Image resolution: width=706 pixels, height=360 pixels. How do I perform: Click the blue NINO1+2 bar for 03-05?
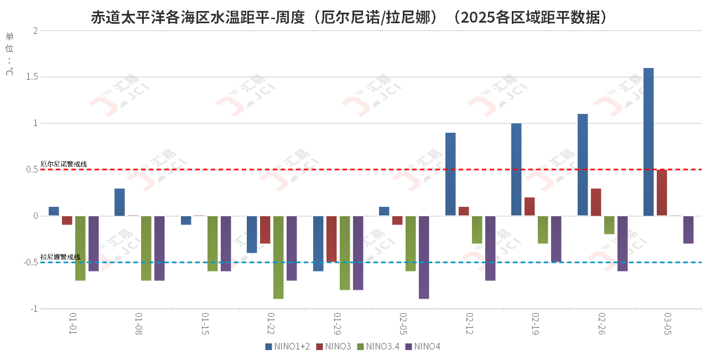(648, 142)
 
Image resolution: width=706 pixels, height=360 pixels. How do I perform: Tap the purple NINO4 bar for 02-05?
(424, 257)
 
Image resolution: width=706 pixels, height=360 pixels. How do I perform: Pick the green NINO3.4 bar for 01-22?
(278, 257)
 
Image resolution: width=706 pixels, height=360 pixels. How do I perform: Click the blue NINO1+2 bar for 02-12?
(450, 174)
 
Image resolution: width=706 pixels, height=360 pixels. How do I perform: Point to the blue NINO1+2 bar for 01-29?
(318, 243)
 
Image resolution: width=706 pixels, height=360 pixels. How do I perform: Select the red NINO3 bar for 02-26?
(596, 202)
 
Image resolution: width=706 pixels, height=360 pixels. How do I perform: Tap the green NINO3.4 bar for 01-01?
(80, 248)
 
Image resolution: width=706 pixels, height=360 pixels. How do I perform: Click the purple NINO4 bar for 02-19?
(556, 239)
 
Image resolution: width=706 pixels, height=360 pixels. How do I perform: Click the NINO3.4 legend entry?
(378, 347)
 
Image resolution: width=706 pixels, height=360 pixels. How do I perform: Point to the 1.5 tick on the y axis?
(31, 77)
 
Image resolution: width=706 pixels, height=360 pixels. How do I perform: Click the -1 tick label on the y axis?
(33, 309)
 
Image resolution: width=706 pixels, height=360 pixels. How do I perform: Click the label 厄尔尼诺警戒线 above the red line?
(64, 164)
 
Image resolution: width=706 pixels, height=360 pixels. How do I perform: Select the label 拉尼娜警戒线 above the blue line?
(60, 257)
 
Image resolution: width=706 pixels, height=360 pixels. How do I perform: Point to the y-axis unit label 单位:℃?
(9, 54)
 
